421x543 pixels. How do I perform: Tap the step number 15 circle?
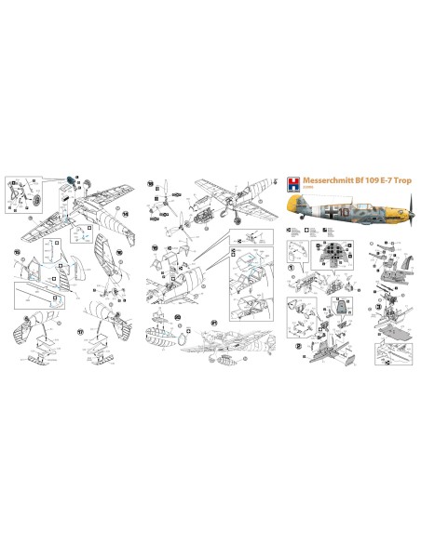[x=16, y=251]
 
